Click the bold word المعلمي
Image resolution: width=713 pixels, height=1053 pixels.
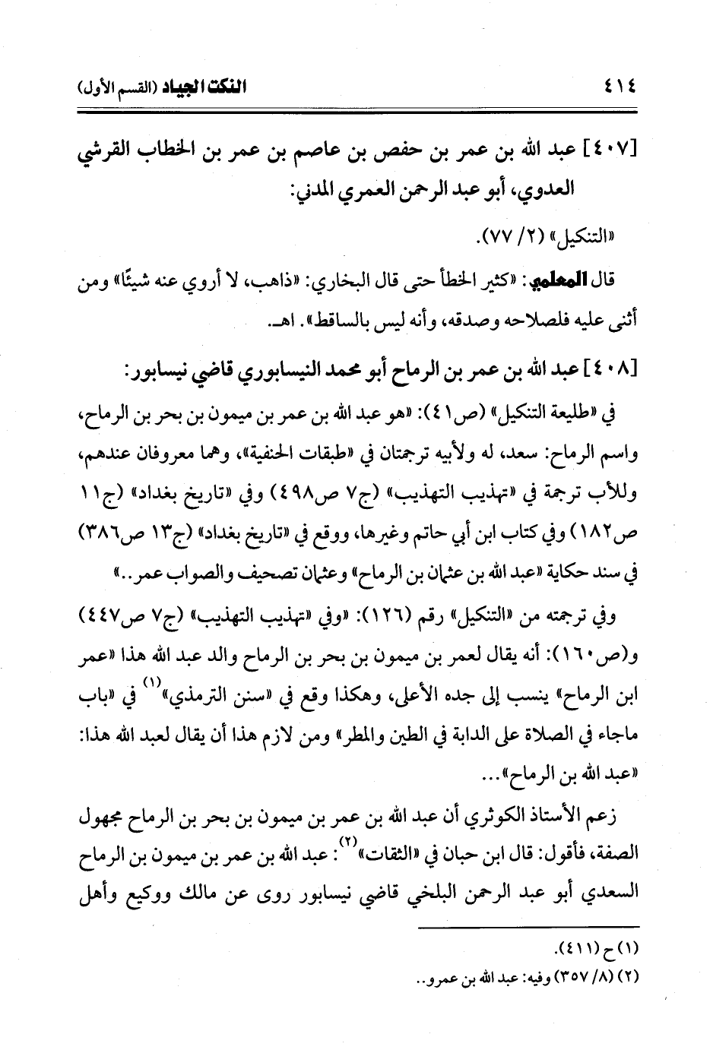coord(553,283)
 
